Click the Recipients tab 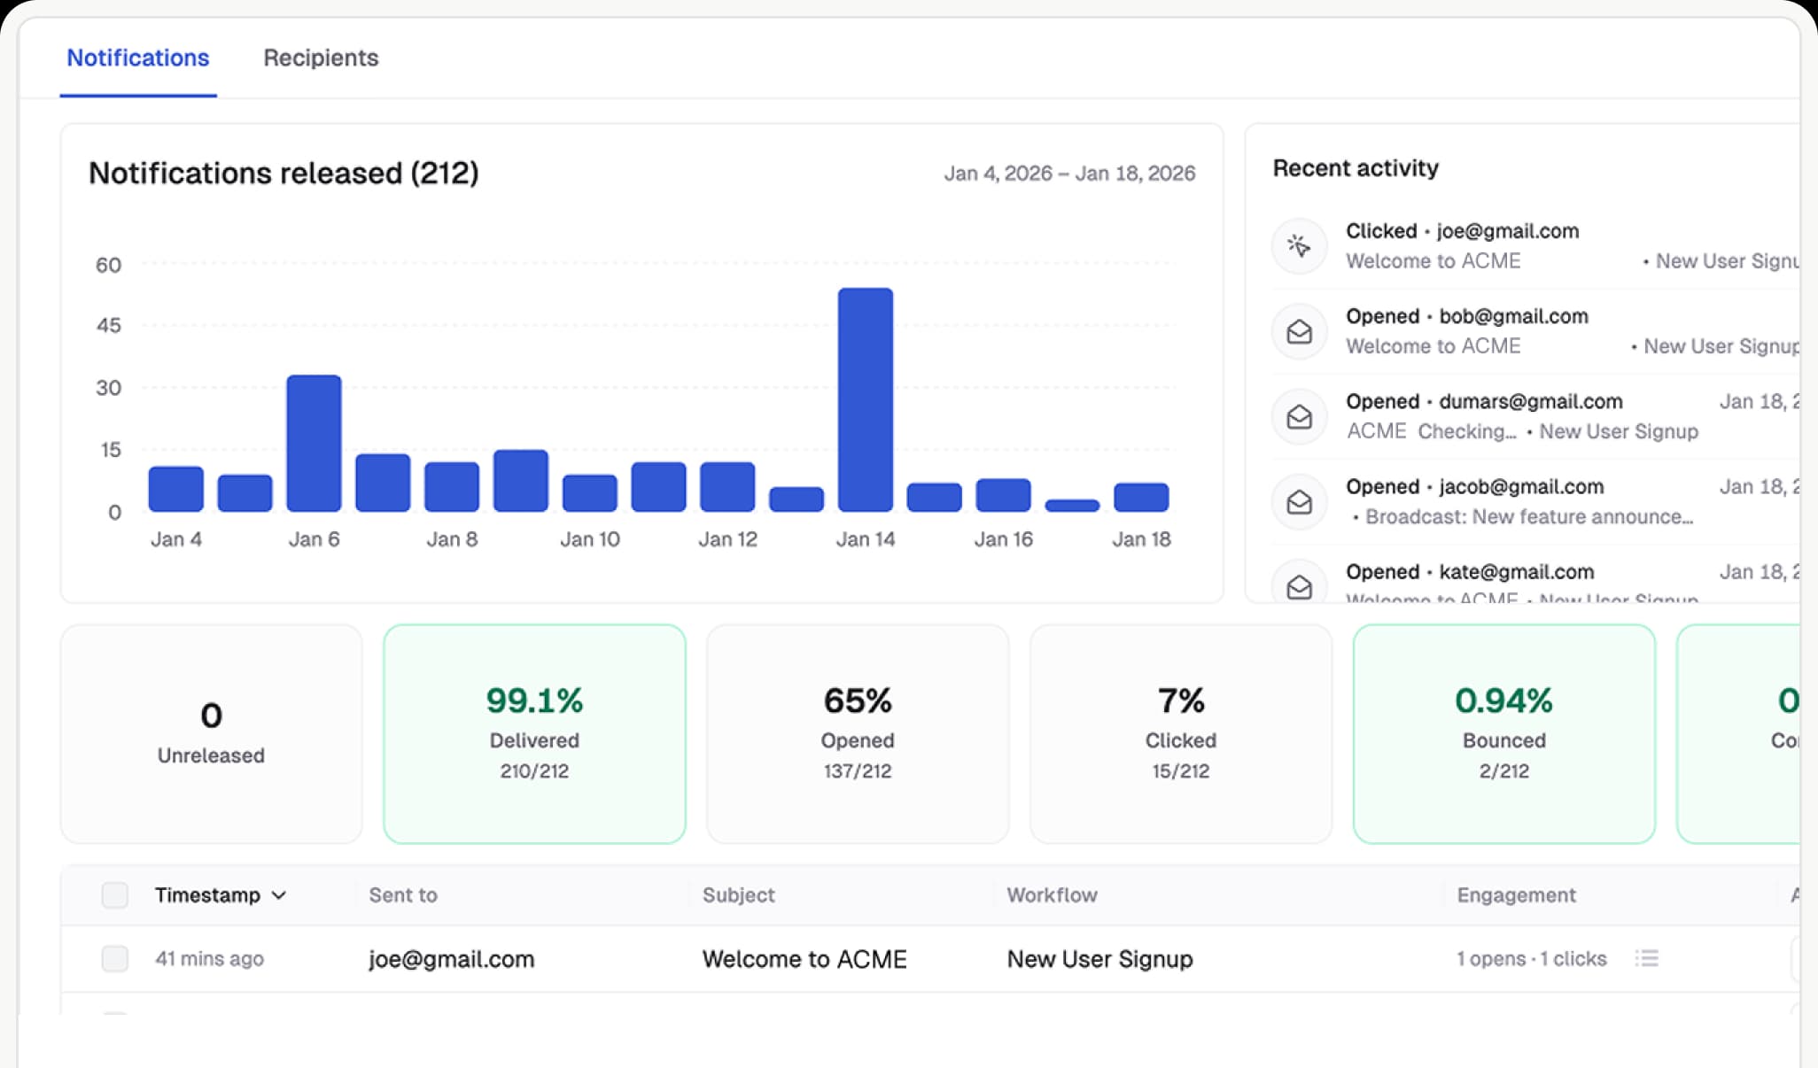pyautogui.click(x=321, y=58)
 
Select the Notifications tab pyautogui.click(x=138, y=58)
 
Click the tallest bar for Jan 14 pyautogui.click(x=865, y=399)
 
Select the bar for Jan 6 pyautogui.click(x=314, y=443)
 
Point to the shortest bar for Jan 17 pyautogui.click(x=1072, y=506)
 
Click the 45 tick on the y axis pyautogui.click(x=108, y=325)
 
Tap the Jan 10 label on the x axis pyautogui.click(x=589, y=539)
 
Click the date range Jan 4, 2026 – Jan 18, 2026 pyautogui.click(x=1068, y=174)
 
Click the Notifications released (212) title pyautogui.click(x=284, y=173)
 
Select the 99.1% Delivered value pyautogui.click(x=534, y=700)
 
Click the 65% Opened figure pyautogui.click(x=857, y=700)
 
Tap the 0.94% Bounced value pyautogui.click(x=1503, y=700)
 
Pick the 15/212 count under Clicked pyautogui.click(x=1180, y=771)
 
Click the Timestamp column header pyautogui.click(x=208, y=895)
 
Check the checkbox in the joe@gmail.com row pyautogui.click(x=115, y=959)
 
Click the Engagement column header pyautogui.click(x=1516, y=895)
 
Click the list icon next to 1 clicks pyautogui.click(x=1647, y=959)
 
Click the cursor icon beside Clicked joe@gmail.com pyautogui.click(x=1299, y=245)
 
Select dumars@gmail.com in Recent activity pyautogui.click(x=1530, y=401)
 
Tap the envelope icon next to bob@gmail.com pyautogui.click(x=1299, y=331)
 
